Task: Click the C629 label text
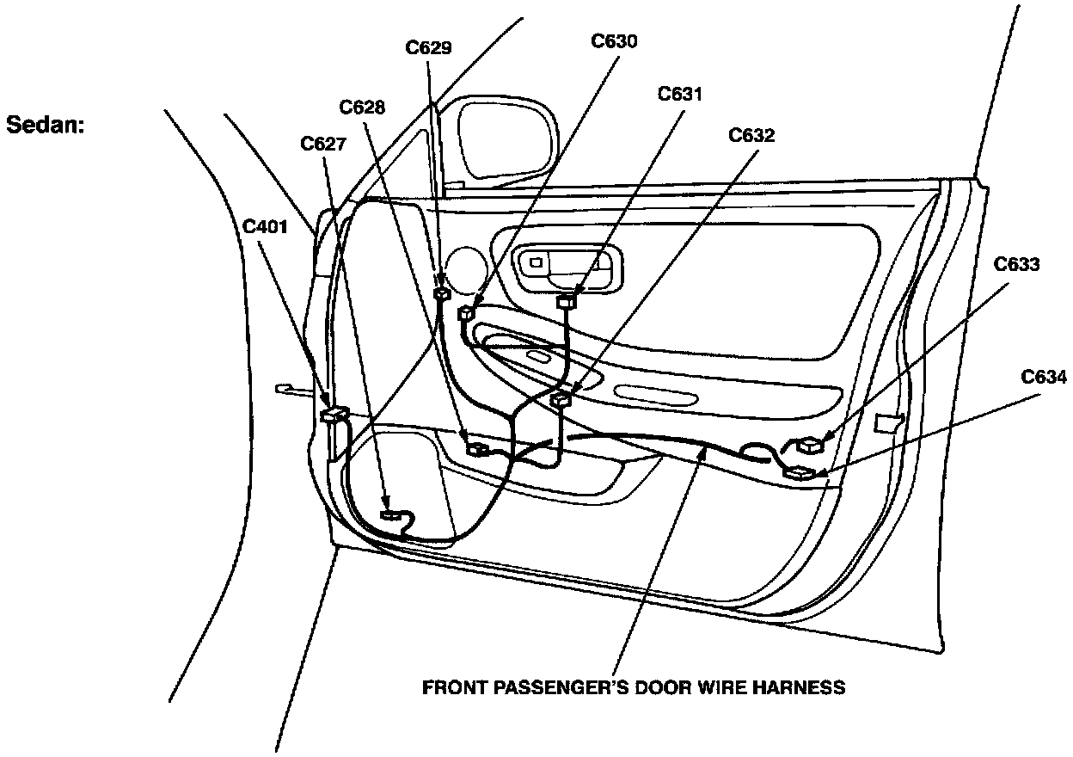pyautogui.click(x=428, y=47)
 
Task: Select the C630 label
pyautogui.click(x=614, y=41)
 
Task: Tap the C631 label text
pyautogui.click(x=680, y=95)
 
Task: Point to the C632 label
pyautogui.click(x=751, y=136)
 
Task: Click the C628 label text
pyautogui.click(x=362, y=108)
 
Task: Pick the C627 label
pyautogui.click(x=323, y=144)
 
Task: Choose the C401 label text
pyautogui.click(x=265, y=227)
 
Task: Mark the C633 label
pyautogui.click(x=1017, y=264)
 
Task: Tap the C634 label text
pyautogui.click(x=1044, y=377)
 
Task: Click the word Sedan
pyautogui.click(x=46, y=125)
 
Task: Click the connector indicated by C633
pyautogui.click(x=810, y=446)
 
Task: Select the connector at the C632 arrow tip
pyautogui.click(x=561, y=397)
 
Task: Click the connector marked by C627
pyautogui.click(x=391, y=515)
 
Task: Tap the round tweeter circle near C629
pyautogui.click(x=466, y=268)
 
